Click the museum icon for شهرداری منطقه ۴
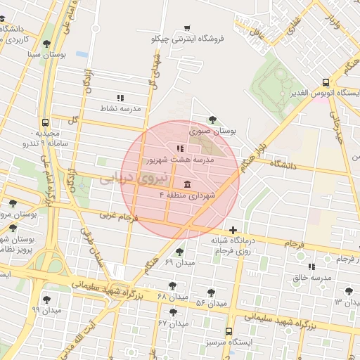point(176,184)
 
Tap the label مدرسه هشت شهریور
point(179,160)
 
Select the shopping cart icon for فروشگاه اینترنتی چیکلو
point(186,28)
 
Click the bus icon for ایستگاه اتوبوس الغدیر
point(325,82)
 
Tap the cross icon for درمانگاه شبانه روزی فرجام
point(233,231)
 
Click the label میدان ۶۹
point(179,262)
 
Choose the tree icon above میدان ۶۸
point(172,285)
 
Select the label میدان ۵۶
point(210,303)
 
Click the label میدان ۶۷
point(173,323)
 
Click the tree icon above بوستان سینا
point(47,44)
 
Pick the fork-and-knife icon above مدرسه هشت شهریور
point(180,148)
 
